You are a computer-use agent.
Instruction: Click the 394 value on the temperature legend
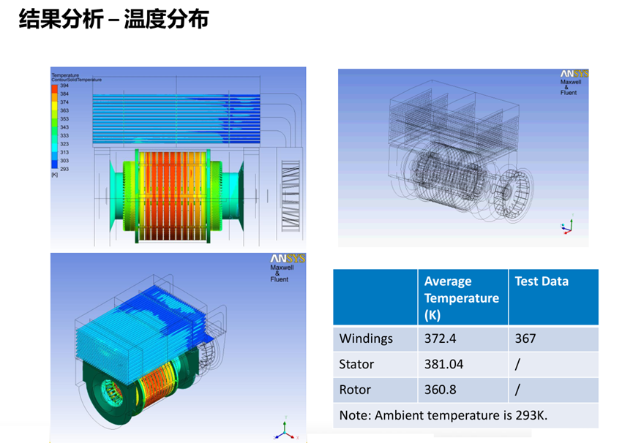[x=64, y=86]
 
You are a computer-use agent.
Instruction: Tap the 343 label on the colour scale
[x=64, y=127]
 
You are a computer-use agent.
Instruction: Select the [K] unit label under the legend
[x=54, y=175]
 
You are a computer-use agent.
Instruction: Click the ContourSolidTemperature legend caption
[x=76, y=79]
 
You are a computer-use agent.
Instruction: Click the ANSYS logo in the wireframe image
[x=574, y=74]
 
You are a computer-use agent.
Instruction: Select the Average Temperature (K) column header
[x=461, y=298]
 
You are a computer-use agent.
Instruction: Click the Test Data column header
[x=542, y=281]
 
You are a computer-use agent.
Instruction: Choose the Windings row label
[x=366, y=338]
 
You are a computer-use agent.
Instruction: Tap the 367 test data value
[x=525, y=338]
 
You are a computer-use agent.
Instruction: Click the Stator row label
[x=356, y=364]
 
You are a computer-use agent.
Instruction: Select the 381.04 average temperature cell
[x=444, y=364]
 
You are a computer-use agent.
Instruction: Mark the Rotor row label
[x=355, y=390]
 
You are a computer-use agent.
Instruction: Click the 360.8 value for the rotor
[x=441, y=390]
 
